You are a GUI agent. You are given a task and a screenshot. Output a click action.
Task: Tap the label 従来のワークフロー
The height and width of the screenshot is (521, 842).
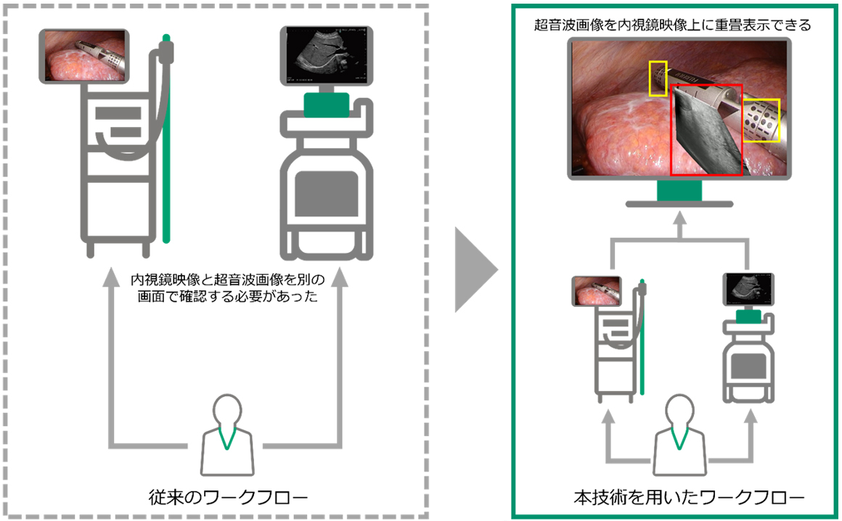coord(225,498)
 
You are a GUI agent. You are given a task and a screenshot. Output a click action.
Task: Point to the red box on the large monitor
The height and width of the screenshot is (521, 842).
coord(706,130)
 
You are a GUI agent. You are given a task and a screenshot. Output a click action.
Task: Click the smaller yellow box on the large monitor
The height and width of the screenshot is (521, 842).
coord(657,78)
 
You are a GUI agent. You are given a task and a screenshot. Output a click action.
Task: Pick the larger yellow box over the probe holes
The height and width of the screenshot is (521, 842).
coord(761,120)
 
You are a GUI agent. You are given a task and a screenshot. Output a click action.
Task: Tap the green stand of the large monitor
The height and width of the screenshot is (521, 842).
coord(679,190)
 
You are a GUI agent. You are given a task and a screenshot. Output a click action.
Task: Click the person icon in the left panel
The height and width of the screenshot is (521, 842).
coord(226,435)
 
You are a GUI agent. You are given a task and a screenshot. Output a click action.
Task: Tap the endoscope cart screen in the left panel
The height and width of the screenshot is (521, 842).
coord(86,56)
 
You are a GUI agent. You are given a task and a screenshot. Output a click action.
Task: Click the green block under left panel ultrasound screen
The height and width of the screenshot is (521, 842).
coord(327,103)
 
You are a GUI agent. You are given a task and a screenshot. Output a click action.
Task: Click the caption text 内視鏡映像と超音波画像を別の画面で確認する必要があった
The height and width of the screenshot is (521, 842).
coord(225,288)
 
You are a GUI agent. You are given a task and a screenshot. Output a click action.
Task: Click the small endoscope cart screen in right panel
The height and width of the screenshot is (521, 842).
coord(598,291)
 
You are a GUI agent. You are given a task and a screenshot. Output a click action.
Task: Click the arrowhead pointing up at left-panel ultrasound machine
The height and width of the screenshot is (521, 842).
coord(339,279)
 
